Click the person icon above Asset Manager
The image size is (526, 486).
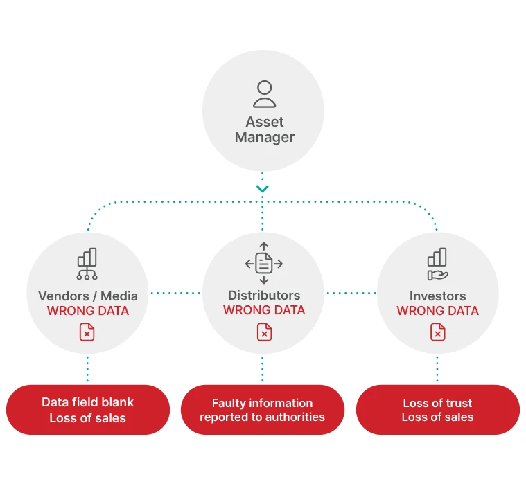click(264, 94)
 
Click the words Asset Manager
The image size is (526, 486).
click(264, 129)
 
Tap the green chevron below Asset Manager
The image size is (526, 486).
click(263, 188)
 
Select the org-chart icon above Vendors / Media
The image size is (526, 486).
click(87, 263)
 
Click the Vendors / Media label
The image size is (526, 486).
click(87, 296)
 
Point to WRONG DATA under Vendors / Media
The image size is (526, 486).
click(87, 311)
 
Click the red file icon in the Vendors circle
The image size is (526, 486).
click(87, 332)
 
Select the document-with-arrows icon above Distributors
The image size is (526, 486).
click(263, 263)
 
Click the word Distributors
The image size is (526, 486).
click(263, 296)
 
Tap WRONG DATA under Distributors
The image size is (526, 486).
click(263, 310)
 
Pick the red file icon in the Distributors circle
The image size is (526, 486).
click(263, 332)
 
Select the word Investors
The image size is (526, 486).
click(437, 296)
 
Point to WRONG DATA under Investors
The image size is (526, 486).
click(437, 311)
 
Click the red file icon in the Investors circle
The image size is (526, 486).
click(437, 332)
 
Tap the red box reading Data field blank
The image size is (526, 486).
click(88, 410)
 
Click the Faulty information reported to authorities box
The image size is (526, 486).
click(263, 410)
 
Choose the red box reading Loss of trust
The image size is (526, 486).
click(437, 410)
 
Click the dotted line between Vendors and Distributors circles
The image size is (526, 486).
click(175, 293)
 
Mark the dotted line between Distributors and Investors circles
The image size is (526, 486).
click(351, 293)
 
